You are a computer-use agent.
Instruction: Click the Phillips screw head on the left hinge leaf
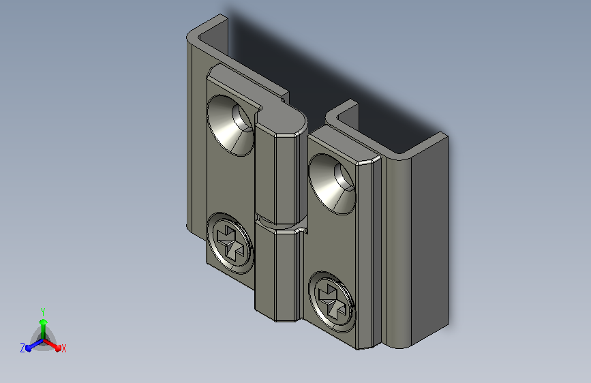click(x=230, y=243)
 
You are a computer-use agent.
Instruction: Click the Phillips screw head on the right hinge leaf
click(x=332, y=302)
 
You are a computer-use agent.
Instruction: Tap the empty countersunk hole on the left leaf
click(x=230, y=125)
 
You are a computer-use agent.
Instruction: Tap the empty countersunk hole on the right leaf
click(x=332, y=184)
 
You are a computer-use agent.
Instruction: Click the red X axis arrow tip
click(x=58, y=348)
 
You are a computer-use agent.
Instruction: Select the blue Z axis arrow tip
click(x=29, y=348)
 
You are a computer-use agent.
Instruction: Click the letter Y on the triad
click(x=42, y=311)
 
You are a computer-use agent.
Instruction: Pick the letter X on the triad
click(x=63, y=348)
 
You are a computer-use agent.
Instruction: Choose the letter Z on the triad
click(x=22, y=348)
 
